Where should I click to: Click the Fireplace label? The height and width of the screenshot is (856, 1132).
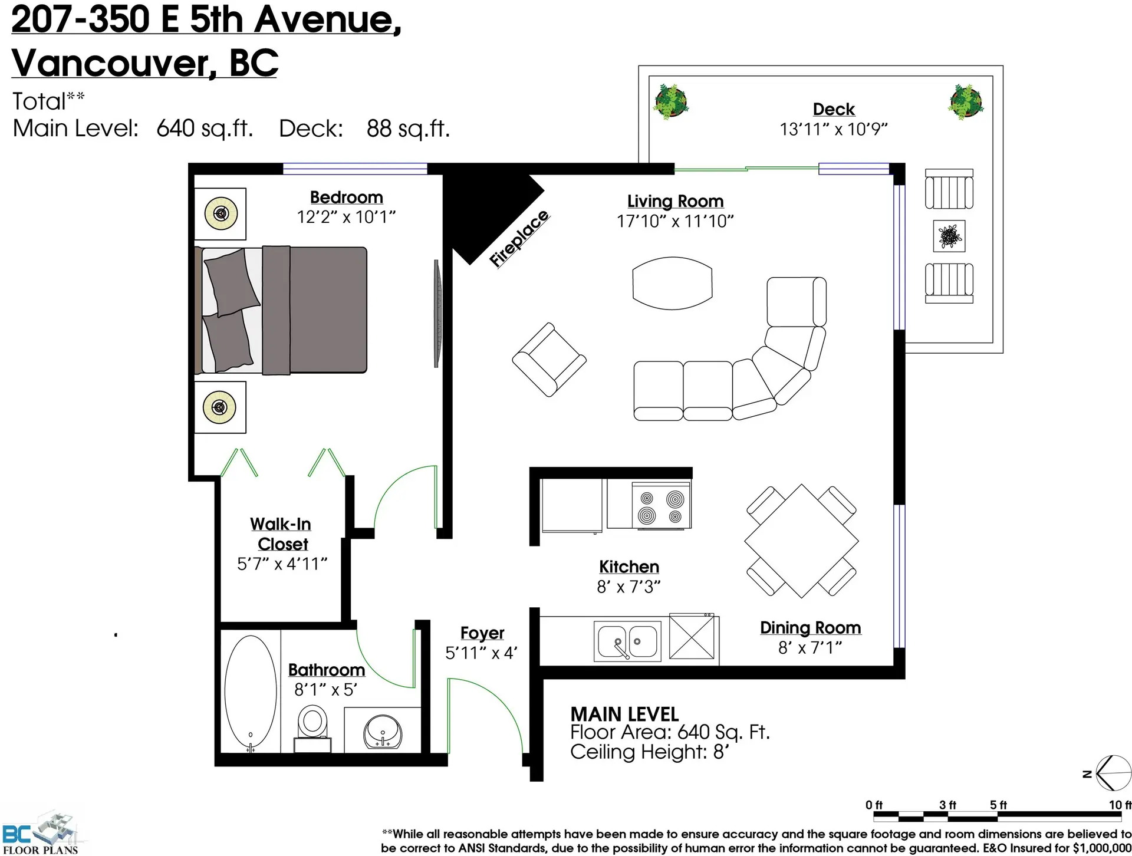(519, 239)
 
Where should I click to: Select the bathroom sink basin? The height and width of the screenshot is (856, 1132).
(383, 732)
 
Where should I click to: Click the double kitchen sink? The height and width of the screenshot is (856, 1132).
(627, 641)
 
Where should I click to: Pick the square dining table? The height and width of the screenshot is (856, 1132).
(801, 541)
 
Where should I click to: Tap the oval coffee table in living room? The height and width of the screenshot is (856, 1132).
(672, 283)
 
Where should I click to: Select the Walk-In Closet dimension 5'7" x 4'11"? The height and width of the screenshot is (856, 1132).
(282, 564)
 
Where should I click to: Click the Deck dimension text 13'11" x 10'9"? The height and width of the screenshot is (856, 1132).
(833, 129)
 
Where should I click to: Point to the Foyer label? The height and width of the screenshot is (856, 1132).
(482, 633)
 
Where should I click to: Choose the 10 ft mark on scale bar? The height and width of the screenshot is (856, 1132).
(1119, 805)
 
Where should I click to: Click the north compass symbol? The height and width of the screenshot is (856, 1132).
(1111, 773)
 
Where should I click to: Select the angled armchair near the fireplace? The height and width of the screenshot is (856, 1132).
(549, 360)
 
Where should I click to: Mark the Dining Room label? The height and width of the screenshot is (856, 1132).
(810, 628)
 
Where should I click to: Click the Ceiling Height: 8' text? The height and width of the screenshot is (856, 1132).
(649, 752)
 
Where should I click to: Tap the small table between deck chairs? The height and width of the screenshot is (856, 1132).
(949, 236)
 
